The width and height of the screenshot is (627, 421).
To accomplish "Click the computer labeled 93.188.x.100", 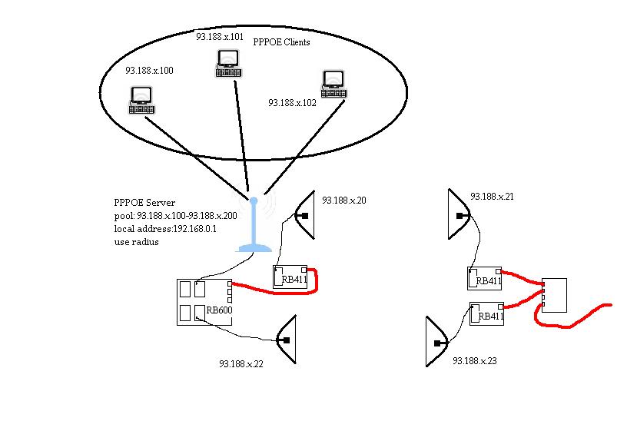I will pyautogui.click(x=141, y=100).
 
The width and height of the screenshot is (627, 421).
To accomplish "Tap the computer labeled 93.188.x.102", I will pyautogui.click(x=333, y=84).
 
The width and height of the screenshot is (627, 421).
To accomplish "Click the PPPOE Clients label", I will pyautogui.click(x=281, y=42).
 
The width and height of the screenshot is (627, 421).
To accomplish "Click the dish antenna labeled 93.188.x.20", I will pyautogui.click(x=305, y=216).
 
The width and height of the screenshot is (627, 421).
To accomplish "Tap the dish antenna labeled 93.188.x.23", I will pyautogui.click(x=436, y=343).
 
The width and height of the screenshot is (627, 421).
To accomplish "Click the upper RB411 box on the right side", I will pyautogui.click(x=485, y=278).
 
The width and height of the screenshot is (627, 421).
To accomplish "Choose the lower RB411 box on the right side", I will pyautogui.click(x=486, y=313).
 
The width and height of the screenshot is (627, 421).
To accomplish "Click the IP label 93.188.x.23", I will pyautogui.click(x=475, y=360).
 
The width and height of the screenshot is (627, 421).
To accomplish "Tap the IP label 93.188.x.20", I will pyautogui.click(x=344, y=201).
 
